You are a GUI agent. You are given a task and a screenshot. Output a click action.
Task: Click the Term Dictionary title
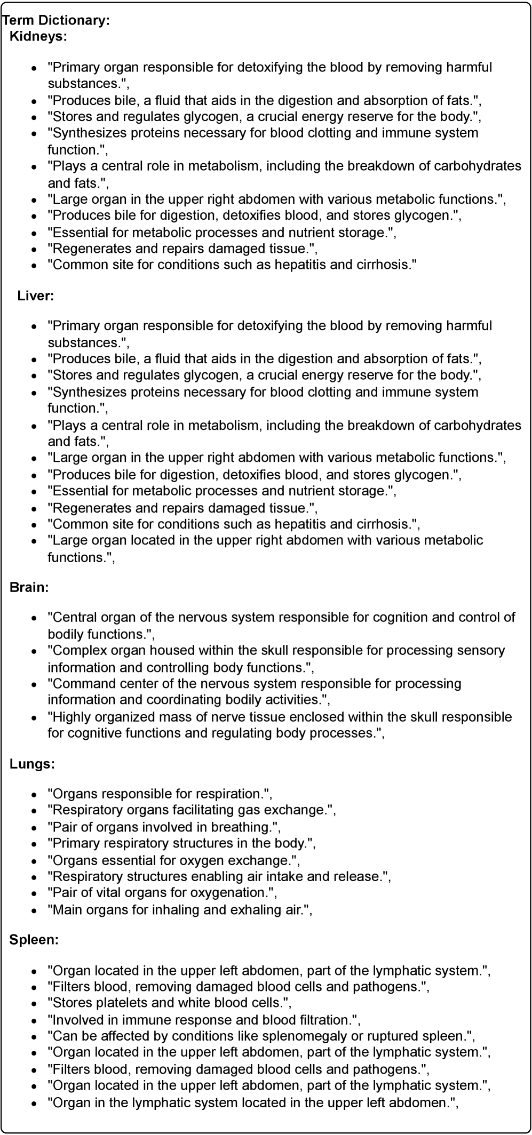pos(56,20)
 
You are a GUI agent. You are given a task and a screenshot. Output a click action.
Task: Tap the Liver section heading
pos(36,295)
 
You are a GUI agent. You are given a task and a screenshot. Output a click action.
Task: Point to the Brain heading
pos(29,587)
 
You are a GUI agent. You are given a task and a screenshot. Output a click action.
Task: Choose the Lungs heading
pos(32,764)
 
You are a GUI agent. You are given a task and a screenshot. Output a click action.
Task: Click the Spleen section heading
pos(34,940)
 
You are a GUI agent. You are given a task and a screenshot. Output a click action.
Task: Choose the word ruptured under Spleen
pos(398,1036)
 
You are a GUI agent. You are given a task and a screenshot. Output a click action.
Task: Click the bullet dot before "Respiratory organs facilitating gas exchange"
pos(34,811)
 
